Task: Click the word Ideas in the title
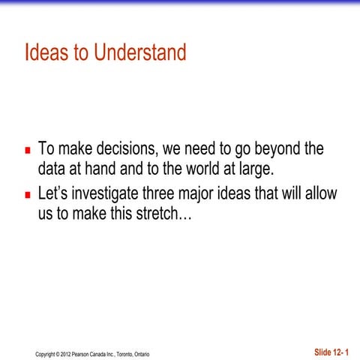tap(44, 54)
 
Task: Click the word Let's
tap(55, 195)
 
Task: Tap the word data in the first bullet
tap(52, 166)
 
